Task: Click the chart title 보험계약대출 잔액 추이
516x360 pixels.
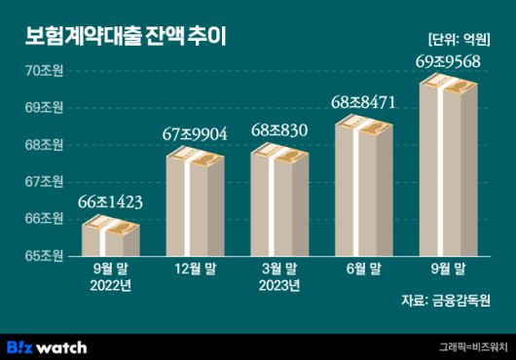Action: point(127,37)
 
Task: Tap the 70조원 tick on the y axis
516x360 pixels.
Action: point(45,71)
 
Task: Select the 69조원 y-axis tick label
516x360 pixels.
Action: point(45,108)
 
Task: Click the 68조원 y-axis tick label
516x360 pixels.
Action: point(45,145)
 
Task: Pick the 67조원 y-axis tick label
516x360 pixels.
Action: point(45,182)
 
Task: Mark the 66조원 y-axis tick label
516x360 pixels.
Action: point(45,219)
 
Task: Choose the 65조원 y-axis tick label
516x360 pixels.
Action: point(45,256)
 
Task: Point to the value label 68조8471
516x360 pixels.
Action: point(363,100)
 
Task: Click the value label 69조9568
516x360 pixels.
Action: point(447,62)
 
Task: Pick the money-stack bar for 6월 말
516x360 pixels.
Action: point(363,188)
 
